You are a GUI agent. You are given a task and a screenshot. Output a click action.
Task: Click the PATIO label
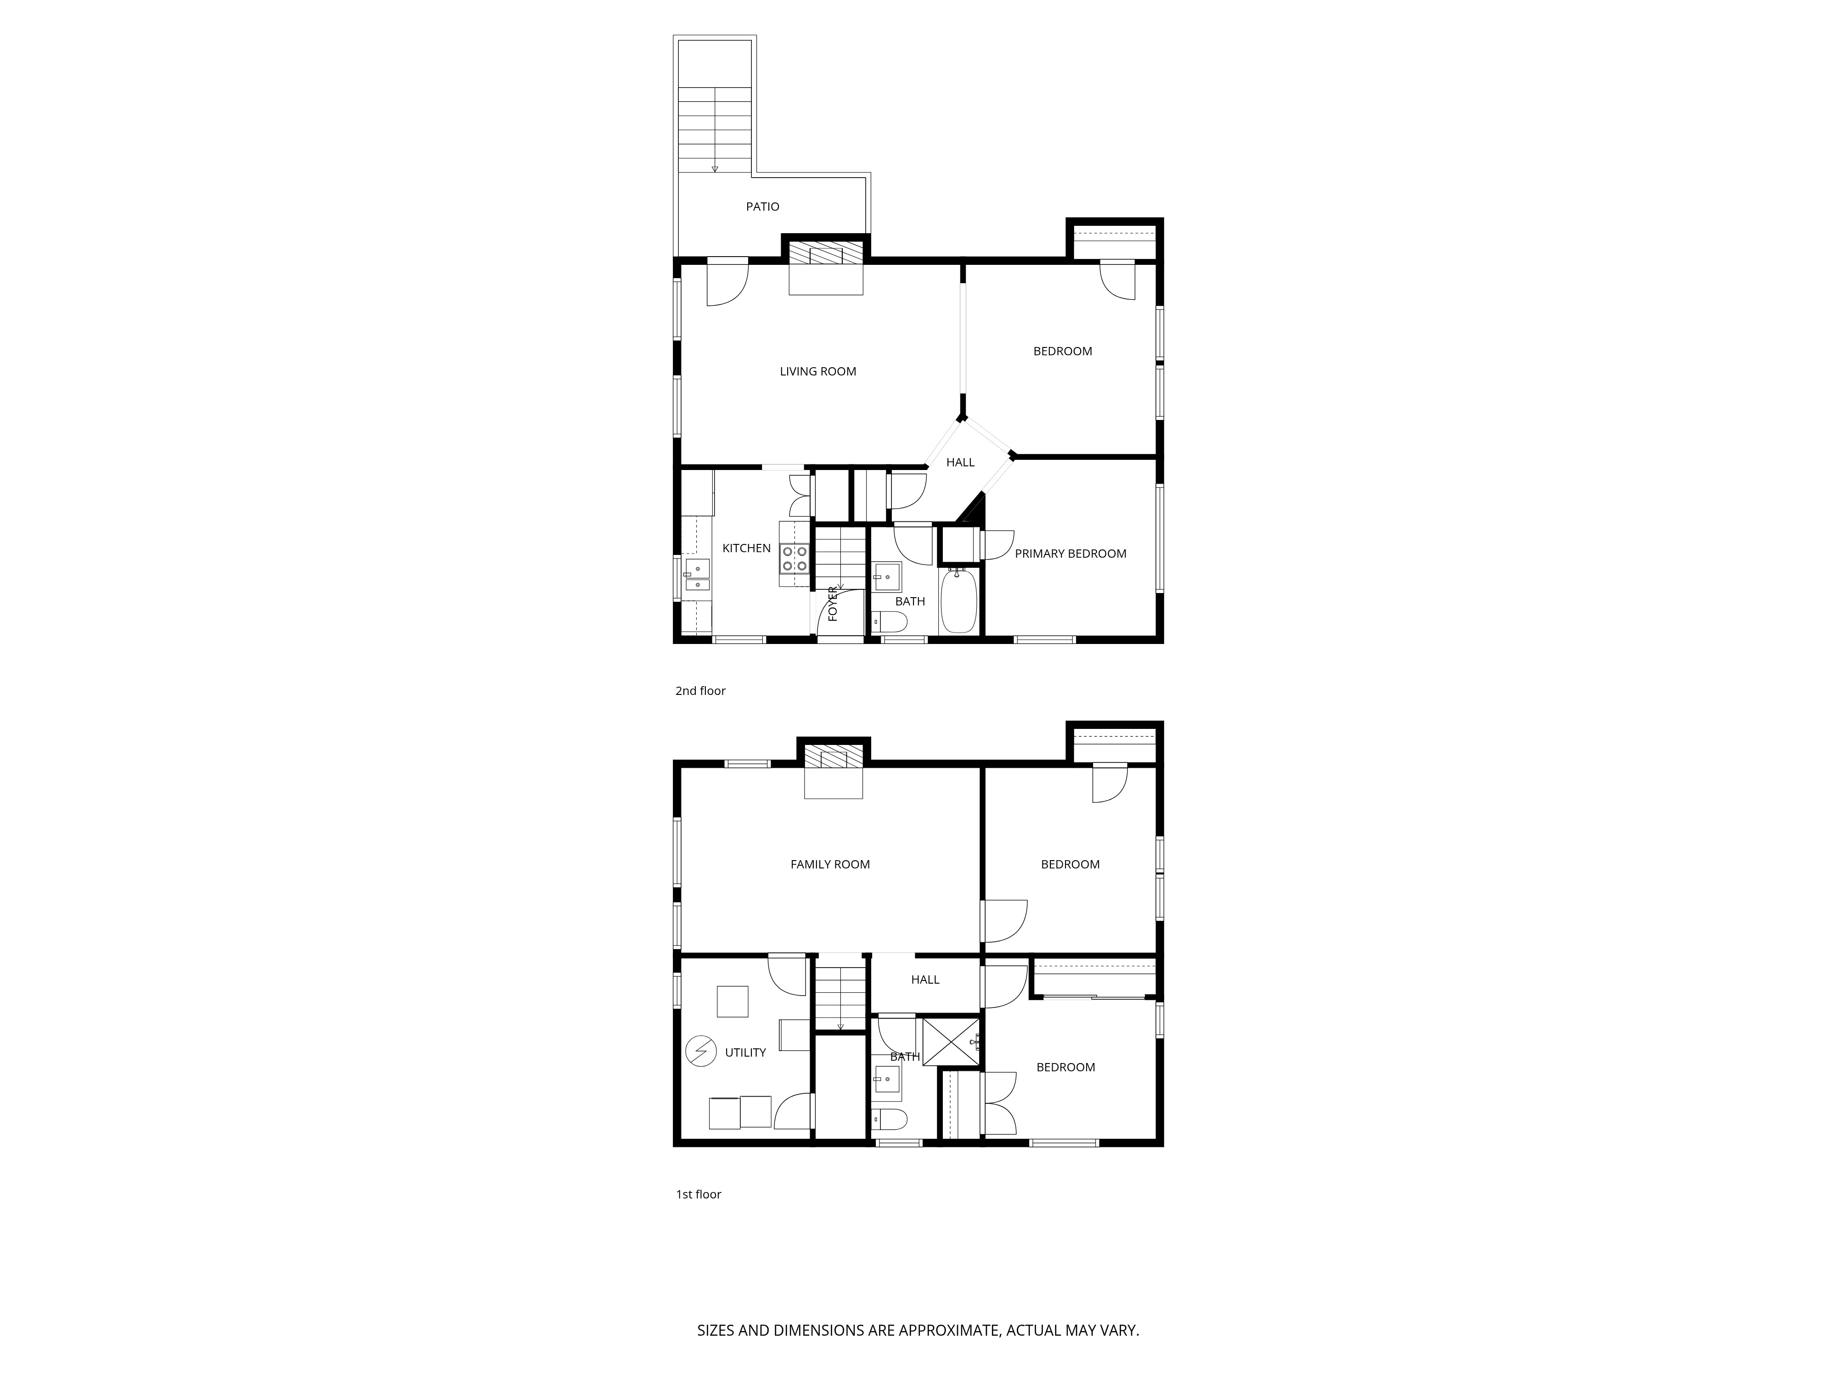pyautogui.click(x=762, y=207)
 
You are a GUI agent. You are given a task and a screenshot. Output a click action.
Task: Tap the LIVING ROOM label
pyautogui.click(x=818, y=372)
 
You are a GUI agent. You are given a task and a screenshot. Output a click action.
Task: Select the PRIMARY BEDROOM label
pyautogui.click(x=1071, y=554)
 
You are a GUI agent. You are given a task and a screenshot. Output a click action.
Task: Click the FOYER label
pyautogui.click(x=833, y=604)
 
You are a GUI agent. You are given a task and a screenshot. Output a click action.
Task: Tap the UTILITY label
pyautogui.click(x=746, y=1052)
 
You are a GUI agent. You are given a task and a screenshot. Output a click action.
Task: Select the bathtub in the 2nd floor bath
pyautogui.click(x=958, y=600)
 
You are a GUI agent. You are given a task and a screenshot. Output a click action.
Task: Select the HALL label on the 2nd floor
pyautogui.click(x=961, y=462)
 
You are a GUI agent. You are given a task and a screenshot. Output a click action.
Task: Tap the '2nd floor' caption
pyautogui.click(x=700, y=691)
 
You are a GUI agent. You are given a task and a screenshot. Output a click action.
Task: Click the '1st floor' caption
pyautogui.click(x=699, y=1194)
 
